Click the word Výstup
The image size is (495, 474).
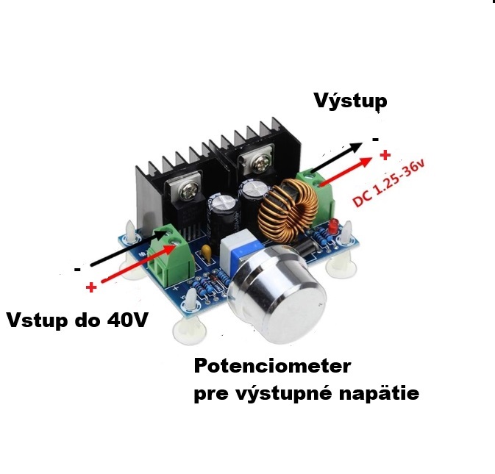click(350, 101)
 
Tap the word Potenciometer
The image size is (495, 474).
click(272, 367)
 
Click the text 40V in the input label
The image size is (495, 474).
click(129, 321)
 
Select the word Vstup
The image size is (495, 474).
click(41, 321)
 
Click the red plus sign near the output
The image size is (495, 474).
click(384, 155)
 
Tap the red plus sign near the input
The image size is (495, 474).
click(90, 287)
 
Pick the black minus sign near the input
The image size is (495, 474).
click(77, 270)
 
